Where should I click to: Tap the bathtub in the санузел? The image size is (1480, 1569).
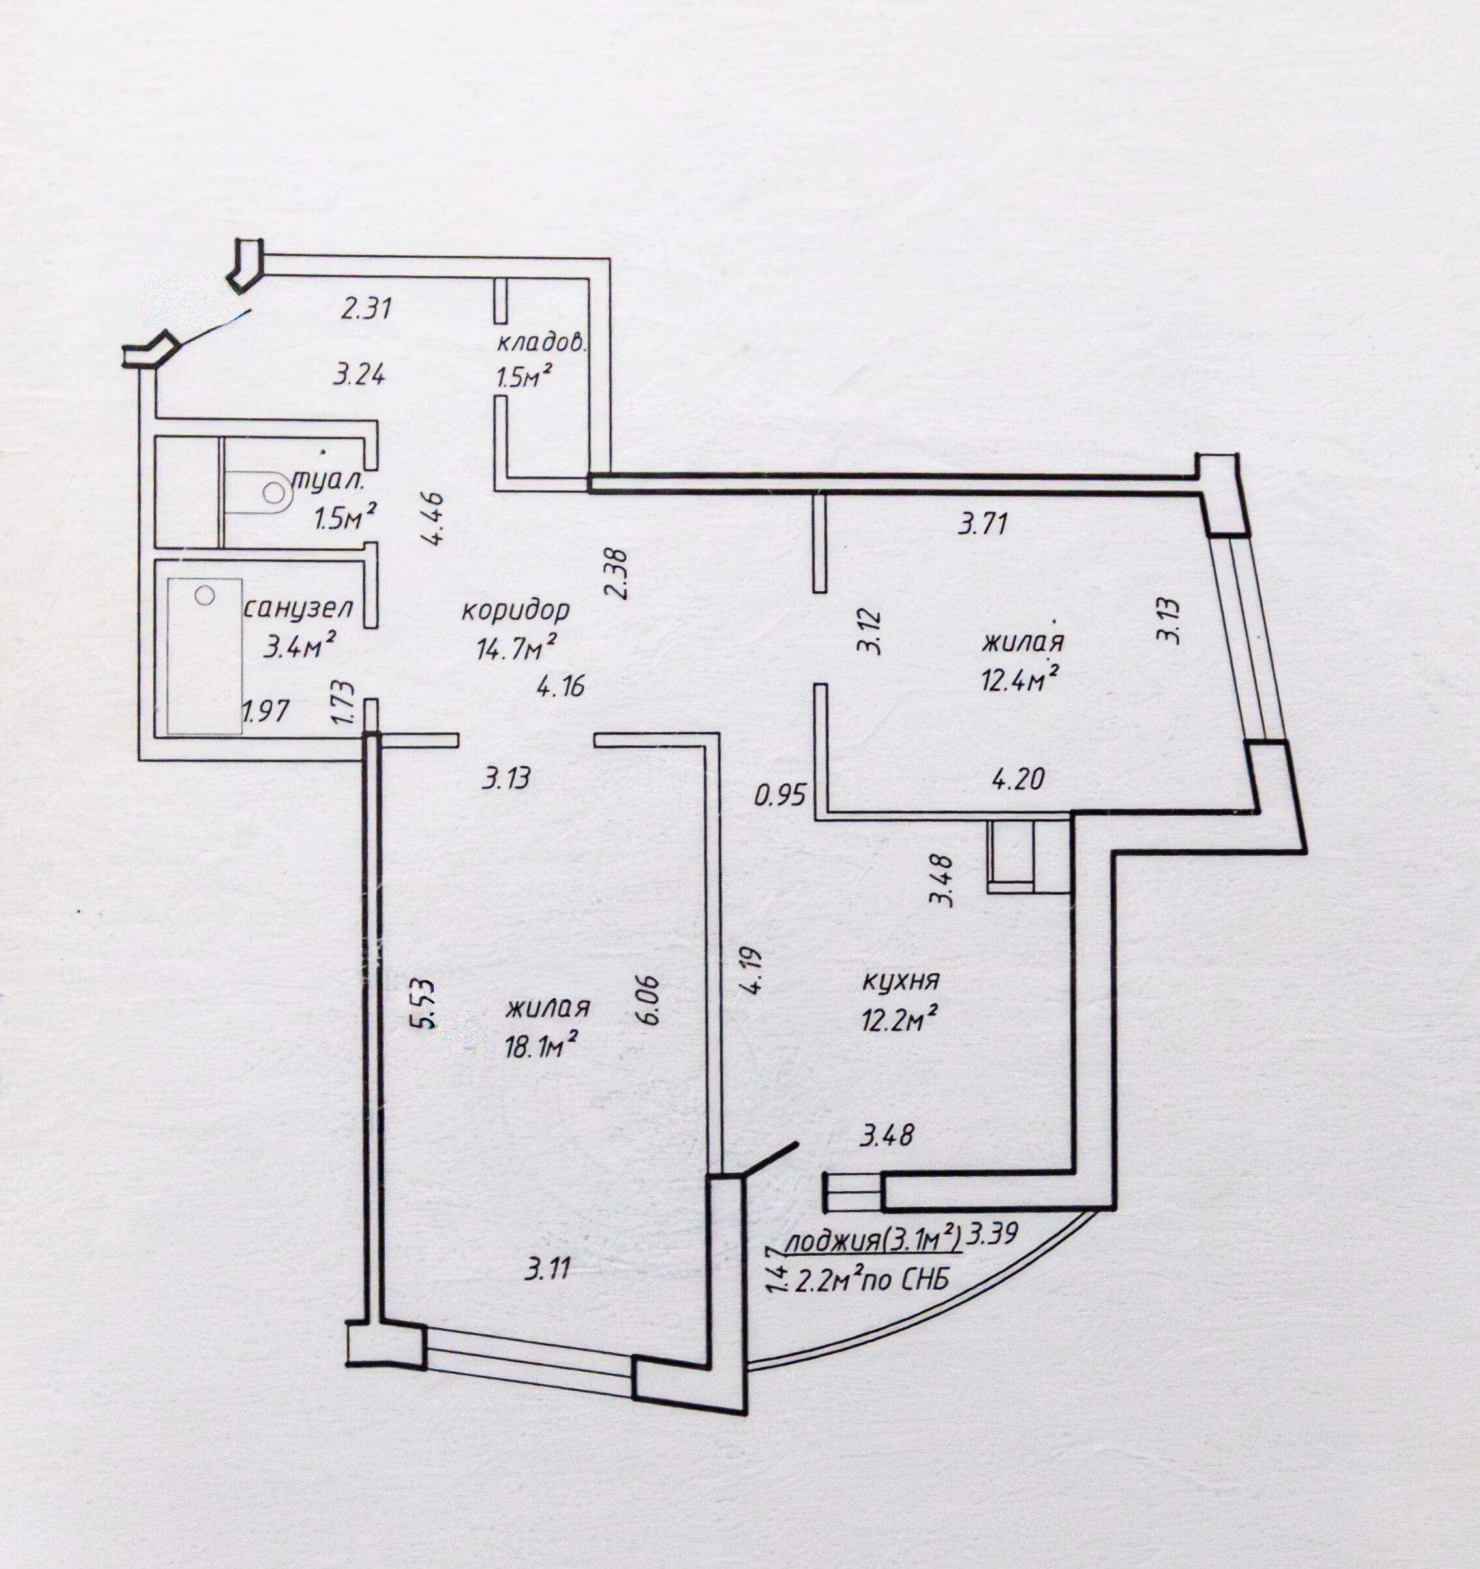[205, 655]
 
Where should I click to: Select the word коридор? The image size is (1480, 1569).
[515, 610]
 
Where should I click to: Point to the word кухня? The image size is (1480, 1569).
[900, 983]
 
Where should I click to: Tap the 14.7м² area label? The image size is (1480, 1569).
[516, 648]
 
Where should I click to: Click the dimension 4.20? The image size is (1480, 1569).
[1018, 780]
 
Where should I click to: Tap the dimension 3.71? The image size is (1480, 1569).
[982, 524]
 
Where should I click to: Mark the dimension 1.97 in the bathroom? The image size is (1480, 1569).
[267, 711]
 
